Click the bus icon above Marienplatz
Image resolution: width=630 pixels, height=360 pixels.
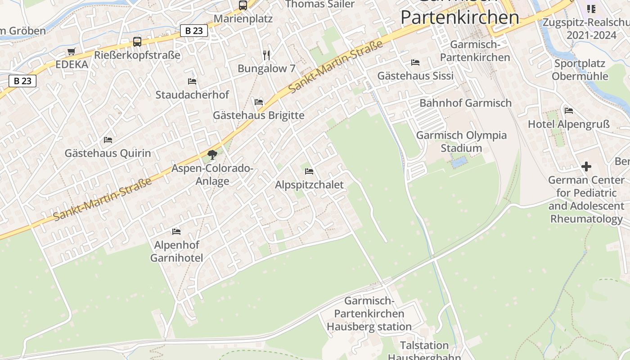(x=243, y=5)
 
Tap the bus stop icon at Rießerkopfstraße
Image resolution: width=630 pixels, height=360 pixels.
(x=137, y=42)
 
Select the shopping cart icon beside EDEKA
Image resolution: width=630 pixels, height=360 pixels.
(x=72, y=51)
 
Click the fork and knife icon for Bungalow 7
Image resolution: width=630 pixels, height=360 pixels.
(x=266, y=55)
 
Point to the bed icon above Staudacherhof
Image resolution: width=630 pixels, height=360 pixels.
(x=192, y=81)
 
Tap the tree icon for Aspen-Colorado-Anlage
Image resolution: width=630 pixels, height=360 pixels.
(x=212, y=155)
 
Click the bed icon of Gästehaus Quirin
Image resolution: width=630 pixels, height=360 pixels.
(x=108, y=140)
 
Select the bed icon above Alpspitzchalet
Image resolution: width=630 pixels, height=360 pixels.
(x=309, y=171)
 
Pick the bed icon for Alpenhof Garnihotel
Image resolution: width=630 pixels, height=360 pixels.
(x=176, y=232)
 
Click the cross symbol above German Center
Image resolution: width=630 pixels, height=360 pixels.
(x=586, y=167)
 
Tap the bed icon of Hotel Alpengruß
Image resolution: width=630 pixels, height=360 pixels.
(x=569, y=111)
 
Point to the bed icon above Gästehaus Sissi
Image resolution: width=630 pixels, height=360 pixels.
(x=415, y=63)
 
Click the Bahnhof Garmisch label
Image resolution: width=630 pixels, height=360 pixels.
(x=465, y=103)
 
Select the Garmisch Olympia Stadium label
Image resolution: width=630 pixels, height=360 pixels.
(x=461, y=142)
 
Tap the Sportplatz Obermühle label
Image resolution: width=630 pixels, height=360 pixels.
(x=580, y=70)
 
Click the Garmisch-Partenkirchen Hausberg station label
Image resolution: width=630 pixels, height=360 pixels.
(x=369, y=314)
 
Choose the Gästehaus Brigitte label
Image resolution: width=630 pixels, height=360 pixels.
(x=258, y=116)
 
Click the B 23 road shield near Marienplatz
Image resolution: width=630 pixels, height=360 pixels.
(x=194, y=31)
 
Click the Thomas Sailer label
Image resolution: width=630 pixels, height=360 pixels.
(x=320, y=4)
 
